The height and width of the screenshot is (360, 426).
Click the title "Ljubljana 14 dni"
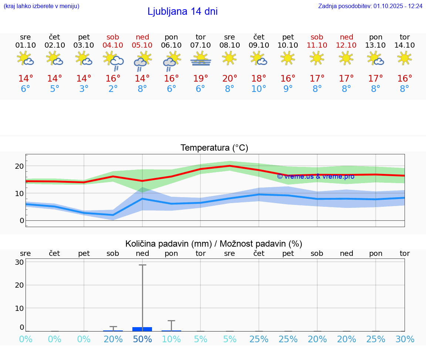click(x=182, y=11)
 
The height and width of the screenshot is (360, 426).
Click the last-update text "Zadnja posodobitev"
click(x=370, y=6)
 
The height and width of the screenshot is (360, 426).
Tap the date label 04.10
click(x=113, y=45)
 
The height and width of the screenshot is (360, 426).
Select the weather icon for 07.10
click(x=200, y=59)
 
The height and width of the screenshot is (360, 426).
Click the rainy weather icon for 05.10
click(x=142, y=61)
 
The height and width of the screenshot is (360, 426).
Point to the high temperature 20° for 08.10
click(x=230, y=79)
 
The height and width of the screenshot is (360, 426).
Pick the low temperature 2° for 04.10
click(x=113, y=89)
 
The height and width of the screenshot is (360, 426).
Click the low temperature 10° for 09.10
click(x=258, y=89)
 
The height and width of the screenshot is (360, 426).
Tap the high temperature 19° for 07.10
click(x=200, y=79)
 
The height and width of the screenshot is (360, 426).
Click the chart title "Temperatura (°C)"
click(x=214, y=148)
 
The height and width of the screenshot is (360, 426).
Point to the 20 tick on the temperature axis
click(x=19, y=166)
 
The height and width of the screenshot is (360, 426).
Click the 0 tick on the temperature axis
click(x=22, y=220)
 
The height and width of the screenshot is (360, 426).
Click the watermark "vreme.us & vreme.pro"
click(x=315, y=176)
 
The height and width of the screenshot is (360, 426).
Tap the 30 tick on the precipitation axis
click(x=19, y=262)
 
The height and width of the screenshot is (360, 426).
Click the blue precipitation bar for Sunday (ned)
click(x=142, y=329)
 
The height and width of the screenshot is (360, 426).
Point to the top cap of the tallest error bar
click(x=142, y=265)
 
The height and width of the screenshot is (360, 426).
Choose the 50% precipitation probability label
click(x=142, y=339)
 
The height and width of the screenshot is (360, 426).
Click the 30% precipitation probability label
click(x=405, y=339)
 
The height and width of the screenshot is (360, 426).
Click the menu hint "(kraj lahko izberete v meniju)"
click(x=41, y=6)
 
